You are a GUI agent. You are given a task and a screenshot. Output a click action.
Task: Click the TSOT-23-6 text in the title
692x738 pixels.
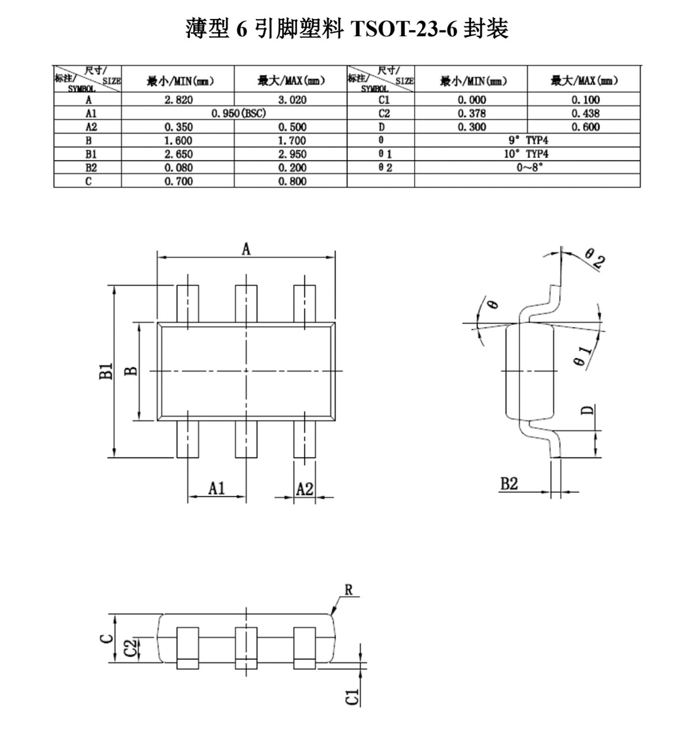[x=404, y=29]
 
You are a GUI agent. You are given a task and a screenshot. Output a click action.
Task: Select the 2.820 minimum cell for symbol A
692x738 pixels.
[x=179, y=100]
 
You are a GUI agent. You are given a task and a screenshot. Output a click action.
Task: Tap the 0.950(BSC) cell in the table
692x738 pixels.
[x=239, y=113]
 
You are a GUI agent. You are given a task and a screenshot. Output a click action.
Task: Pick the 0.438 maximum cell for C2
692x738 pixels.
[x=585, y=113]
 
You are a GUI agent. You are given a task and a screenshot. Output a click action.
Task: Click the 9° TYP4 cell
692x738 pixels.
[x=528, y=141]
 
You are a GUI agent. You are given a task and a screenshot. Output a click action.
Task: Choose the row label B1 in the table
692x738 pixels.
[x=91, y=154]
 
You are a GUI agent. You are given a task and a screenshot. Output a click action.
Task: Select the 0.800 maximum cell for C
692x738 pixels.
[x=292, y=181]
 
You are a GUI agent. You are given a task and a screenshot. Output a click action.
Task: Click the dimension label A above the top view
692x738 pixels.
[x=246, y=249]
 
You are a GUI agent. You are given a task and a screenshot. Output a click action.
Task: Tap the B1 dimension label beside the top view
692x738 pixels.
[x=106, y=371]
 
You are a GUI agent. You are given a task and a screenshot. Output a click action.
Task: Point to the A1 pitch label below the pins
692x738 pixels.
[x=216, y=488]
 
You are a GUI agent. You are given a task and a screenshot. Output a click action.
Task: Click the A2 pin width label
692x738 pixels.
[x=304, y=489]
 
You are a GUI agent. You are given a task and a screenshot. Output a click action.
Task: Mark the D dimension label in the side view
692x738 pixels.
[x=587, y=410]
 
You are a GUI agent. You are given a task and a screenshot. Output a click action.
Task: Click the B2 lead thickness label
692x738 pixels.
[x=509, y=484]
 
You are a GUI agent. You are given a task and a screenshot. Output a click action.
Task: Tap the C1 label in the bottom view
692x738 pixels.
[x=352, y=697]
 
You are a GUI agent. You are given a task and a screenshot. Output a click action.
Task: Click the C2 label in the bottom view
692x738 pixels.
[x=130, y=648]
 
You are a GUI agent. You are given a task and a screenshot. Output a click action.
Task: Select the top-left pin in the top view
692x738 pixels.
[x=187, y=304]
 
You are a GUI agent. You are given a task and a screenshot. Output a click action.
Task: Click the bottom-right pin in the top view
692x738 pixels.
[x=304, y=439]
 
